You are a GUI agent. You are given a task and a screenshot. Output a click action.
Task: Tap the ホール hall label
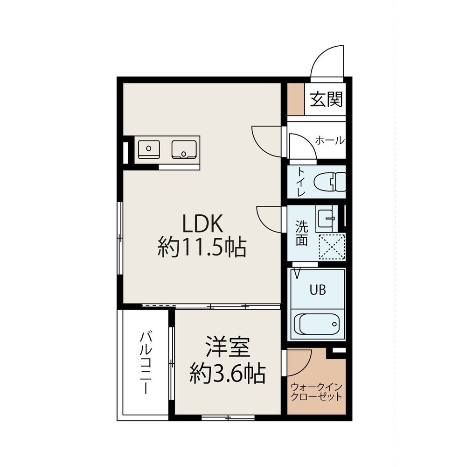(330, 140)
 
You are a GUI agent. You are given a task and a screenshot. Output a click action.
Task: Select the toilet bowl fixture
(330, 182)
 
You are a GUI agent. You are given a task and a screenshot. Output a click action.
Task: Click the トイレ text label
(301, 182)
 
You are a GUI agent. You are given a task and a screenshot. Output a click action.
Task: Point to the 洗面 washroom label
(301, 233)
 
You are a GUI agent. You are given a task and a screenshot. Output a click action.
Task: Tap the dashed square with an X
(332, 247)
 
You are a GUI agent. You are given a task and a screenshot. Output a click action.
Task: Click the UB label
(318, 290)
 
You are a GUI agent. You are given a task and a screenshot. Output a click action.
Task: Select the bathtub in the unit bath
(317, 325)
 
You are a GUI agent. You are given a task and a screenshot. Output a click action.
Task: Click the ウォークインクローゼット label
(317, 392)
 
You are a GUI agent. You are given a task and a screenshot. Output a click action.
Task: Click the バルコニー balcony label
(146, 362)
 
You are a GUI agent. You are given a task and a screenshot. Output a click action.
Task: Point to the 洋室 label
(228, 347)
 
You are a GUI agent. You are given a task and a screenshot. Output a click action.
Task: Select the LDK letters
(202, 224)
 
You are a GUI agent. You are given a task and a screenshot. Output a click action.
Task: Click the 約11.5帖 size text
(202, 247)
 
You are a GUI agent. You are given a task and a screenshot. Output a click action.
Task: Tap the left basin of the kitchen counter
(149, 149)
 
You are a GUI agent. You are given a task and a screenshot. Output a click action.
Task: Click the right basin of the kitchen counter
(184, 149)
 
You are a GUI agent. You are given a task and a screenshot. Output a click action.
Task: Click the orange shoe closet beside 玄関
(296, 99)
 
